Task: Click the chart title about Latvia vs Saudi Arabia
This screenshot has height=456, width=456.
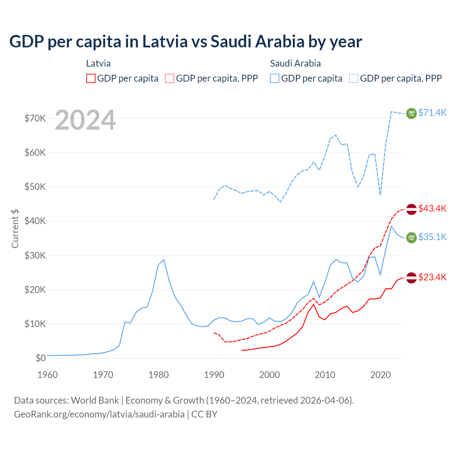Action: (186, 42)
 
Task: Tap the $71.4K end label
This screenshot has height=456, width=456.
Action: (432, 113)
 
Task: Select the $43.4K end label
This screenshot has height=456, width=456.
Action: (432, 208)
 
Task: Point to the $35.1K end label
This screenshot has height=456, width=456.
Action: (432, 237)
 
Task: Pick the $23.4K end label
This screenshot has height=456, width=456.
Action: (432, 277)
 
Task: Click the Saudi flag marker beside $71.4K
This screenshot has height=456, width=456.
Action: (411, 113)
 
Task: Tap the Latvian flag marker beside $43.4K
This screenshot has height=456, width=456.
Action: (411, 209)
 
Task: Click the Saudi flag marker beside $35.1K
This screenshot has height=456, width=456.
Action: (411, 238)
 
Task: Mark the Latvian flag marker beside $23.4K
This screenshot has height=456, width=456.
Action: (411, 278)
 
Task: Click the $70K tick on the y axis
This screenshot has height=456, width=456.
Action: (35, 118)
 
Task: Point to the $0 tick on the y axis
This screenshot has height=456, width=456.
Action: (41, 358)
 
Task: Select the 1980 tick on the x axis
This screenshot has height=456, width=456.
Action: (159, 375)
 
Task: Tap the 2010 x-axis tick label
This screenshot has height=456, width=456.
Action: (325, 375)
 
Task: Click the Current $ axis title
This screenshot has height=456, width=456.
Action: (15, 228)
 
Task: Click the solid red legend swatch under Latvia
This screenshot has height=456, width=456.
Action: (91, 78)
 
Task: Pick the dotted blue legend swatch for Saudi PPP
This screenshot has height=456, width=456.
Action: (354, 78)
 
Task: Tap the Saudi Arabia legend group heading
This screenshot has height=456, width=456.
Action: (295, 63)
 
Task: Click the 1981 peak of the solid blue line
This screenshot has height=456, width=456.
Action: (164, 260)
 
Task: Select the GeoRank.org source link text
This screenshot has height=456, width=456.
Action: (99, 414)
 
